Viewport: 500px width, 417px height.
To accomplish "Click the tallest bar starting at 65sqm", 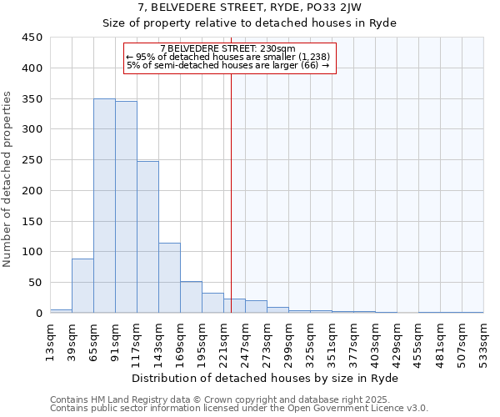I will coord(104,206).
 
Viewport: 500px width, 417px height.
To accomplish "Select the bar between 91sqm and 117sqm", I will coord(126,208).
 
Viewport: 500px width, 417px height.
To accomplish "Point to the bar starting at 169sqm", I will coord(191,298).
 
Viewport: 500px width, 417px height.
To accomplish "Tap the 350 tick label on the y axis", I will coord(32,98).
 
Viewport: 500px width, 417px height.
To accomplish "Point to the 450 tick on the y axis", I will coord(32,38).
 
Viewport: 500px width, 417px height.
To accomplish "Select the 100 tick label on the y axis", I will coord(32,252).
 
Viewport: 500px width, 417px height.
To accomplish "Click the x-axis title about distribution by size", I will coord(266,378).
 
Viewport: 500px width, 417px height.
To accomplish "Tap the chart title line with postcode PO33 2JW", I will coord(249,8).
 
